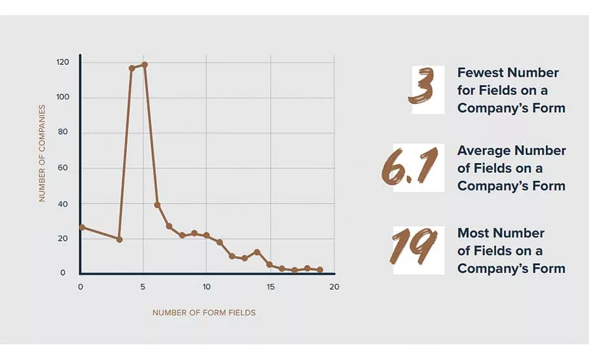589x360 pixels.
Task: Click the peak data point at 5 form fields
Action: (145, 65)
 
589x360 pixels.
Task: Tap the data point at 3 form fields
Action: (119, 240)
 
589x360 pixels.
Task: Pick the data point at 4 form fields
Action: (132, 68)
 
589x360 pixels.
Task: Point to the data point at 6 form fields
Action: (157, 205)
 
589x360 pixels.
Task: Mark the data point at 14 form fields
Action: (257, 252)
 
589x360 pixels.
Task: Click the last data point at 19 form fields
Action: (320, 270)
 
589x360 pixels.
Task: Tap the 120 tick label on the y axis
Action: (63, 62)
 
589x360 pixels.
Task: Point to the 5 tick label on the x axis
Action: (143, 287)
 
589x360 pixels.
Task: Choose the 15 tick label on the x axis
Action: (270, 287)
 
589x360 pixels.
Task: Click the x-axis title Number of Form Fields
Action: (204, 313)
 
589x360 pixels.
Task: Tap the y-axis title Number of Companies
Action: (42, 153)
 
